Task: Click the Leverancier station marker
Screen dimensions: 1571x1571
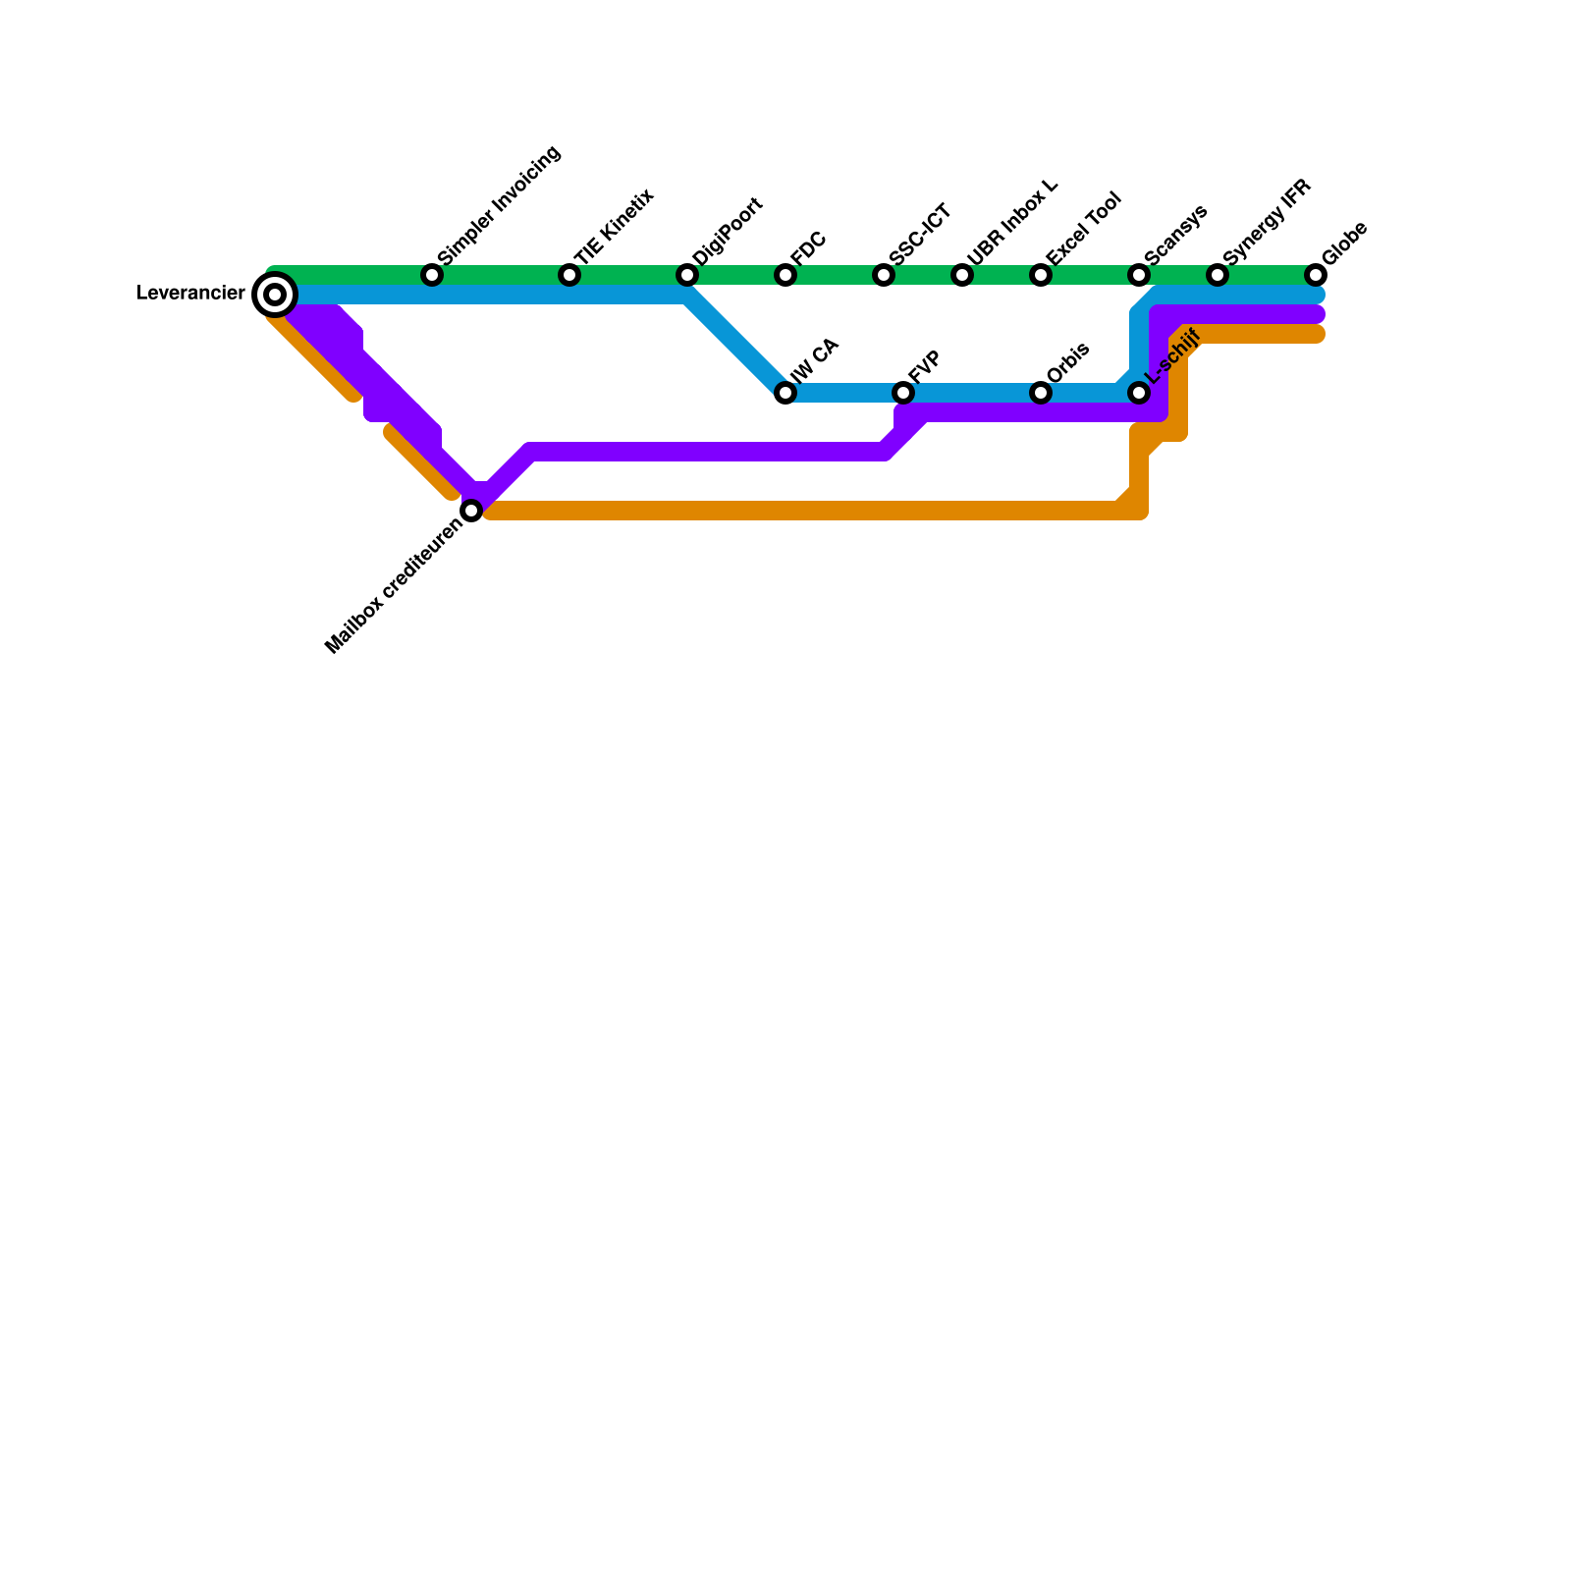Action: point(275,295)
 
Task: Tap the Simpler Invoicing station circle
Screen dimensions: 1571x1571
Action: point(432,275)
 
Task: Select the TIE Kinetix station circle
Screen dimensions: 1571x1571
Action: point(569,275)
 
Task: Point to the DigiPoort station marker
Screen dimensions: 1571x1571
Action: point(687,275)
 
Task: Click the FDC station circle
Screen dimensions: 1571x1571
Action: point(785,275)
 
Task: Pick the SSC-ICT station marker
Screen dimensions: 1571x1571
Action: point(884,275)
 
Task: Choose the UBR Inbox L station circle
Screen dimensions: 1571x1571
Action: point(962,275)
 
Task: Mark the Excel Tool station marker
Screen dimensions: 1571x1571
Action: point(1041,275)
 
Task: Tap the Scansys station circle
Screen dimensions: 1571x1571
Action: point(1139,275)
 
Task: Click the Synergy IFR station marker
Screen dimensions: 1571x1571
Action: point(1218,275)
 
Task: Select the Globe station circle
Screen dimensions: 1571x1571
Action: point(1316,275)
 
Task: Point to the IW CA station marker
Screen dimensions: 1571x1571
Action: point(785,393)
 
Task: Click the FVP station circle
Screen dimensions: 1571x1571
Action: point(903,393)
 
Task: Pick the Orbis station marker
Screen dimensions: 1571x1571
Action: point(1041,393)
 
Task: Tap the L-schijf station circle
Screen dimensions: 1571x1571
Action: point(1139,393)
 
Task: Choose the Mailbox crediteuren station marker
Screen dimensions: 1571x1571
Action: point(471,511)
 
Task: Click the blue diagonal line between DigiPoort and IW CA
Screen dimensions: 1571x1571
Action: point(736,344)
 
